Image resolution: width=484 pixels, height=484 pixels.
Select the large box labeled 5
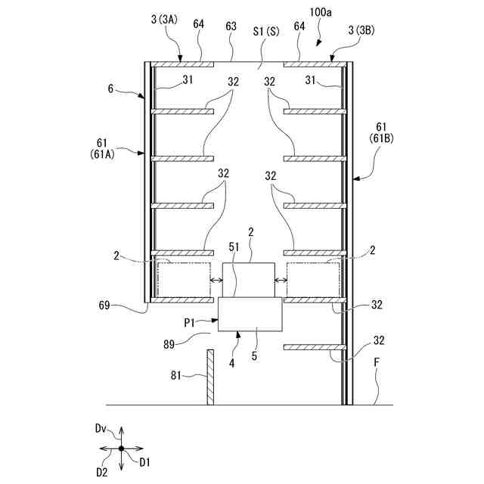(250, 314)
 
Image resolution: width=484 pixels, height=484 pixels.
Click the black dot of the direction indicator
(121, 448)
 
